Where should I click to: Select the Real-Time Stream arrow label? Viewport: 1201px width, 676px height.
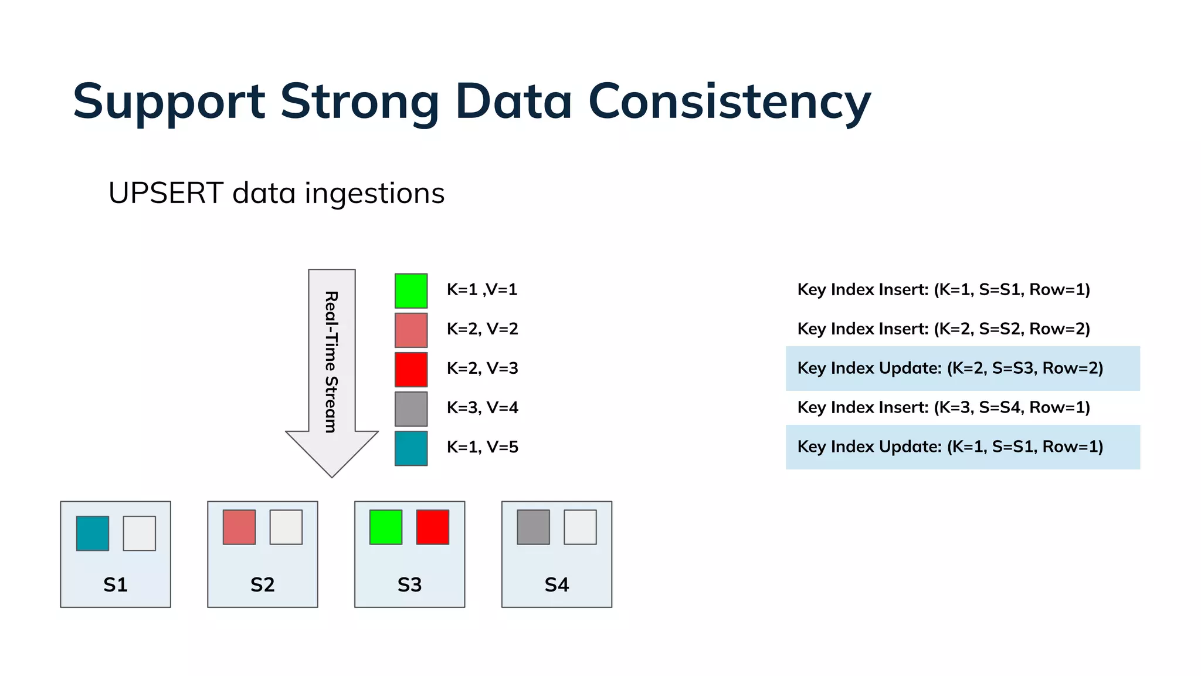(331, 361)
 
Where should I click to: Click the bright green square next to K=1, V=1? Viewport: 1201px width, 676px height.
(410, 290)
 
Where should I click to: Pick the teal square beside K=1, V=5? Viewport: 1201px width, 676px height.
(410, 448)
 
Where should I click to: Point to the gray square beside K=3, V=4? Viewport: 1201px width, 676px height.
(410, 409)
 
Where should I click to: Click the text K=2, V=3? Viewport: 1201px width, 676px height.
(482, 369)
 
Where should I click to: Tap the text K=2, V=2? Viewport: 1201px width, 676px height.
(482, 329)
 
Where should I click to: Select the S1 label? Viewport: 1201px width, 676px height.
(116, 584)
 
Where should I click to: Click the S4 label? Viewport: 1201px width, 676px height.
(557, 584)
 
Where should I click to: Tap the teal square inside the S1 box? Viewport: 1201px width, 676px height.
(93, 533)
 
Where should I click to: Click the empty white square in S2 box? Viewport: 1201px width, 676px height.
(286, 527)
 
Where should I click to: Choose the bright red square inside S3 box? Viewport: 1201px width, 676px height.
(433, 527)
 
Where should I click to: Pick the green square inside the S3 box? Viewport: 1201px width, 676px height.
(386, 527)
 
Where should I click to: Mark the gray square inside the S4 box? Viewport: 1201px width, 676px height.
(533, 527)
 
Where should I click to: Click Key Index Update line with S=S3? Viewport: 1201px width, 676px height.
(950, 369)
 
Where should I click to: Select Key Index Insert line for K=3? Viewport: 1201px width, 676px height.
(943, 407)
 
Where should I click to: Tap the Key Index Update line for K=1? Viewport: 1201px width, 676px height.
(950, 447)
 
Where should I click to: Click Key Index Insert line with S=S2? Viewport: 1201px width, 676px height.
(943, 329)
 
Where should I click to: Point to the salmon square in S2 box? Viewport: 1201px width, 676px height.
(239, 527)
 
